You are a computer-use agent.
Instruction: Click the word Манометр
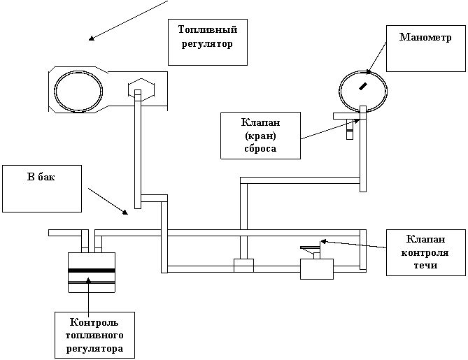pyautogui.click(x=425, y=37)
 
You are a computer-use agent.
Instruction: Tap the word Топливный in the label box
pyautogui.click(x=208, y=30)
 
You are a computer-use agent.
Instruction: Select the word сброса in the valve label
pyautogui.click(x=260, y=148)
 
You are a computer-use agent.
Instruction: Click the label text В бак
pyautogui.click(x=41, y=177)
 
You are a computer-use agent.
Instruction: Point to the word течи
pyautogui.click(x=425, y=265)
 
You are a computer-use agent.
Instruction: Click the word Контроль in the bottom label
pyautogui.click(x=94, y=322)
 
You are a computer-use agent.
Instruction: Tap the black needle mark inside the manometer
pyautogui.click(x=363, y=86)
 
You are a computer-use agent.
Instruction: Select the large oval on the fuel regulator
pyautogui.click(x=78, y=90)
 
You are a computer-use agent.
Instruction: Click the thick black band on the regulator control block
pyautogui.click(x=92, y=271)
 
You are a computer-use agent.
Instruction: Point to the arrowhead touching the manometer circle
pyautogui.click(x=369, y=72)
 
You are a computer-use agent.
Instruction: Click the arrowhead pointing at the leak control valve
pyautogui.click(x=322, y=241)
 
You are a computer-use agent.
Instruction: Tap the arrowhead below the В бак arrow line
pyautogui.click(x=125, y=213)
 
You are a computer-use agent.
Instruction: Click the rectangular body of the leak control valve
pyautogui.click(x=317, y=269)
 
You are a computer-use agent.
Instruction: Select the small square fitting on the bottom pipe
pyautogui.click(x=243, y=266)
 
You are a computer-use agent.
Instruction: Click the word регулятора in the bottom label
pyautogui.click(x=94, y=349)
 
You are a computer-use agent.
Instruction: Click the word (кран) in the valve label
pyautogui.click(x=260, y=136)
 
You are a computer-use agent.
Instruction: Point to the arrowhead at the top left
pyautogui.click(x=92, y=38)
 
